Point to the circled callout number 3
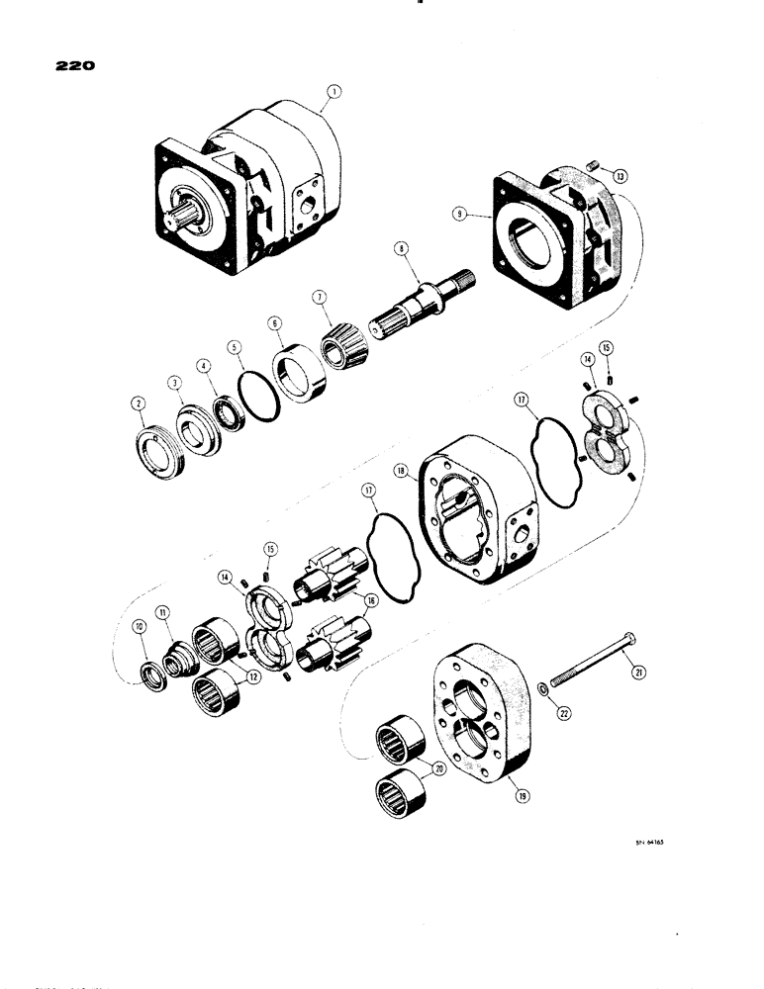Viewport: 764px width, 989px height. coord(173,382)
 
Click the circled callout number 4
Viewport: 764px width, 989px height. coord(204,365)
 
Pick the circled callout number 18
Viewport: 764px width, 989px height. coord(401,473)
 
